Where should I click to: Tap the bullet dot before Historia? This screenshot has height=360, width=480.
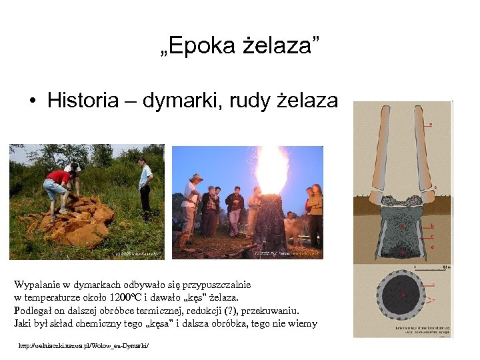[x=32, y=101]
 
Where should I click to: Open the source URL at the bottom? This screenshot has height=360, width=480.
[x=84, y=346]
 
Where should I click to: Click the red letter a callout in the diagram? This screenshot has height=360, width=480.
[x=430, y=124]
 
